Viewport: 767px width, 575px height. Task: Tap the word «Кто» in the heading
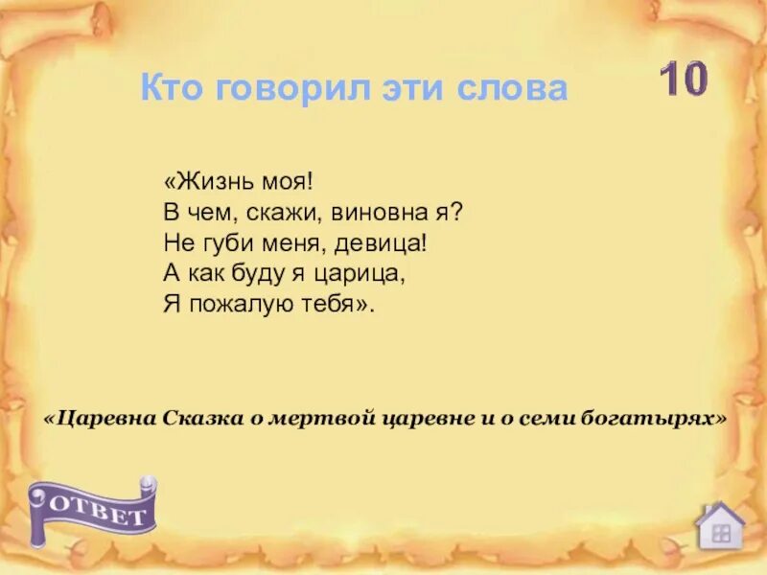click(171, 89)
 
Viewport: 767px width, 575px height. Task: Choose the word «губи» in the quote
click(226, 243)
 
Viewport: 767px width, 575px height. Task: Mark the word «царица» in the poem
click(361, 274)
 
